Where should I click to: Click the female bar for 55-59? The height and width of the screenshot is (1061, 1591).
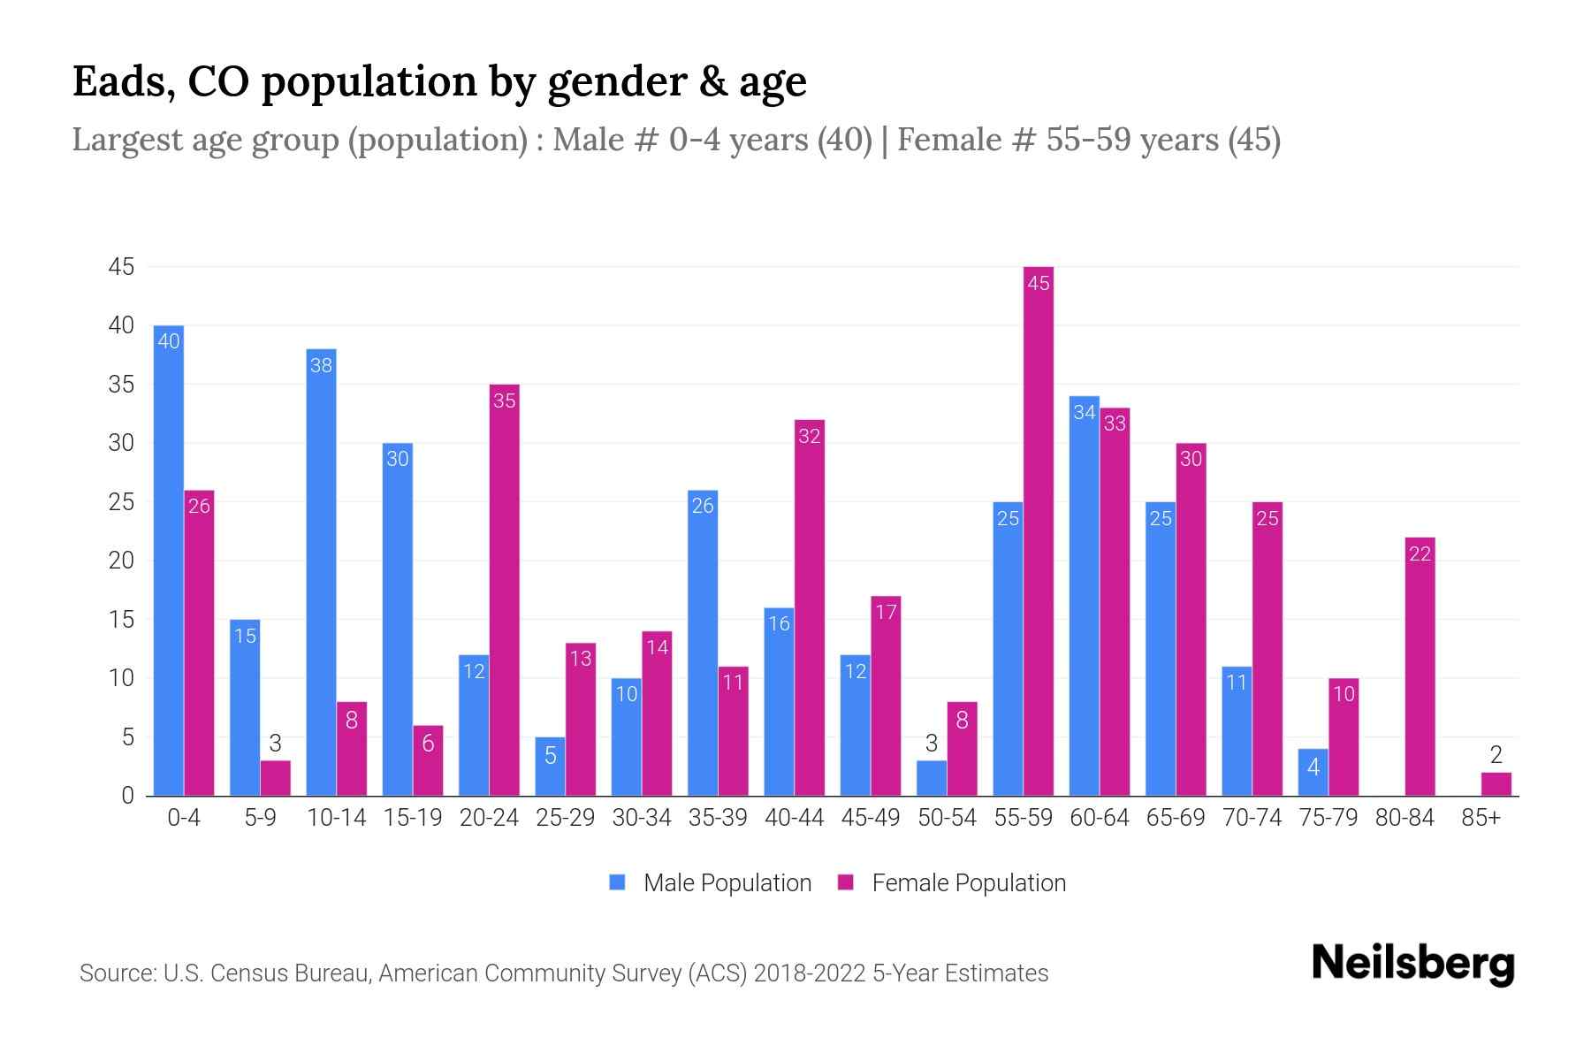tap(1039, 530)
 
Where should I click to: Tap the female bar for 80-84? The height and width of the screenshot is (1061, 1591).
tap(1420, 667)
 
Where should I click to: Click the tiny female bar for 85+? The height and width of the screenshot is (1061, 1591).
tap(1496, 784)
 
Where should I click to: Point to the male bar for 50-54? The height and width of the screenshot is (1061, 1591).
tap(932, 778)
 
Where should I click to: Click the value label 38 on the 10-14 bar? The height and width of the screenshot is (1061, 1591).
tap(321, 365)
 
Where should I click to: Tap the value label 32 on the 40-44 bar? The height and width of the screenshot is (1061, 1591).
tap(810, 436)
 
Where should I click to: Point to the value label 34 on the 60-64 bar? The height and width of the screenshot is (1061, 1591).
tap(1085, 412)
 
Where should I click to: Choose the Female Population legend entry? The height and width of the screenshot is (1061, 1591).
tap(952, 883)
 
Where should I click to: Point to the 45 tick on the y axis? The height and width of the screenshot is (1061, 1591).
tap(121, 267)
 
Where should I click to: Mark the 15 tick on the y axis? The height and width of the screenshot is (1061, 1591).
tap(121, 620)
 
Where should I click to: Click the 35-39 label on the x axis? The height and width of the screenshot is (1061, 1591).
tap(718, 818)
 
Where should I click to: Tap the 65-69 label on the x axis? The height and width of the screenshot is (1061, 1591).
tap(1176, 818)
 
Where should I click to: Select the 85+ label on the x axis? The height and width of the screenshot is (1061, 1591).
tap(1481, 818)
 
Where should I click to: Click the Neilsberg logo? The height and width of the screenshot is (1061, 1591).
tap(1412, 964)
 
